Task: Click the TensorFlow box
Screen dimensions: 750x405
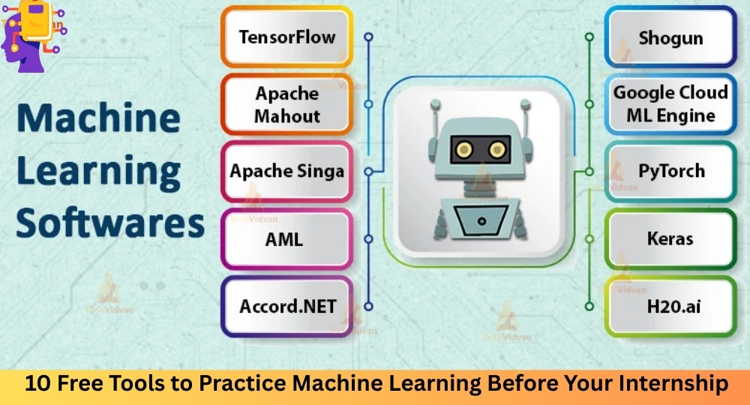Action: click(287, 37)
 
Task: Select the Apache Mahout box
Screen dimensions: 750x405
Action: click(287, 104)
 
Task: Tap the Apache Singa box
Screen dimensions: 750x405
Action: click(287, 171)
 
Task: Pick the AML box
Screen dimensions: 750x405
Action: click(287, 238)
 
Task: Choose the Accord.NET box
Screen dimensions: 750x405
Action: click(287, 306)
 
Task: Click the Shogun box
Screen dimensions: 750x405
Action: click(670, 37)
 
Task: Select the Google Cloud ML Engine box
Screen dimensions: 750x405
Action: click(670, 104)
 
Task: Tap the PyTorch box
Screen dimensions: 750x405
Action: click(670, 171)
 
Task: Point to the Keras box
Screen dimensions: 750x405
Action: click(670, 238)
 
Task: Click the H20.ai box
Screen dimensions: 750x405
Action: click(670, 306)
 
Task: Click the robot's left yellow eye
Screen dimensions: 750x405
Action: click(464, 150)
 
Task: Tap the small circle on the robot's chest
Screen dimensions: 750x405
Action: click(481, 221)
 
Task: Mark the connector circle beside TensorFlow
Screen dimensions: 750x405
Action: click(368, 37)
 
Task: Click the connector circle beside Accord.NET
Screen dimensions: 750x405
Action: click(368, 307)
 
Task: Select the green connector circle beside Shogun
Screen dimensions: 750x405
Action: click(589, 37)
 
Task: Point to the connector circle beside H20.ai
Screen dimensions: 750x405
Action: click(589, 307)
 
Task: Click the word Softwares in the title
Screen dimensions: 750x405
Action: click(110, 223)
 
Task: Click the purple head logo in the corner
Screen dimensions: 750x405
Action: click(32, 36)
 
